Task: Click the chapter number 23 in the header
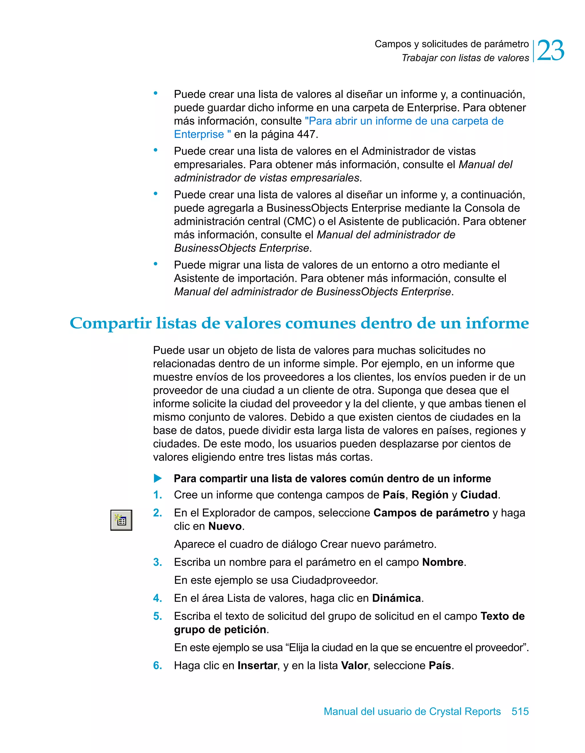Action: click(550, 51)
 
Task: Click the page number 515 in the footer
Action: click(520, 712)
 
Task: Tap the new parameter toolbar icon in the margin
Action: click(121, 520)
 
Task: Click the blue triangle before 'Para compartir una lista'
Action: click(158, 479)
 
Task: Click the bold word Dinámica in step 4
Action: click(396, 598)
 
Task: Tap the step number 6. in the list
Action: click(157, 666)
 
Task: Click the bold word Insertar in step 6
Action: click(257, 666)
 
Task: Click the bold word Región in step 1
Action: click(430, 495)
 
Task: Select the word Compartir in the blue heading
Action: click(110, 323)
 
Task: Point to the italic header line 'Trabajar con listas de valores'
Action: click(465, 58)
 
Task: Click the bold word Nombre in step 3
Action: click(443, 562)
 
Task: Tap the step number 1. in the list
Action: click(157, 495)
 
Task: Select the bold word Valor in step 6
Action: click(354, 666)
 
